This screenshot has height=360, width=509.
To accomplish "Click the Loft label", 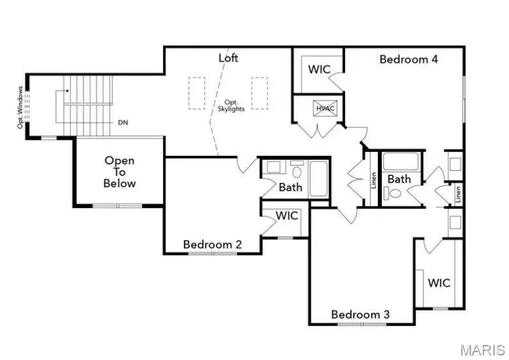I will click(x=228, y=58).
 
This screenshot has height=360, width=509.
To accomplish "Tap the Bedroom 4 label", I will click(x=408, y=59).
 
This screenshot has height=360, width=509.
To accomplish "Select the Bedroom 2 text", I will click(x=212, y=245).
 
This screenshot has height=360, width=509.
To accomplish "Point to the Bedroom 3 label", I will click(x=360, y=314).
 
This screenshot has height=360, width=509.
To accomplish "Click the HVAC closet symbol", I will click(x=324, y=109).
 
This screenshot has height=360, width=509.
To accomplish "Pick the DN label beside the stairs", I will click(x=122, y=122).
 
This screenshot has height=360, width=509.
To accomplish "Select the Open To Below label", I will click(x=119, y=172).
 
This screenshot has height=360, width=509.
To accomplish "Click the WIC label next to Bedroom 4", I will click(x=320, y=69).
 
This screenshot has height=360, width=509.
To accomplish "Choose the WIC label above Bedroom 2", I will click(x=286, y=215).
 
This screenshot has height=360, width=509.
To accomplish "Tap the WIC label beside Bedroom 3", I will click(x=439, y=282).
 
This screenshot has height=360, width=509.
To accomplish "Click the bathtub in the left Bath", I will click(x=319, y=179).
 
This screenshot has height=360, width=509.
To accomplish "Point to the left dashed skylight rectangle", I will click(x=196, y=92).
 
